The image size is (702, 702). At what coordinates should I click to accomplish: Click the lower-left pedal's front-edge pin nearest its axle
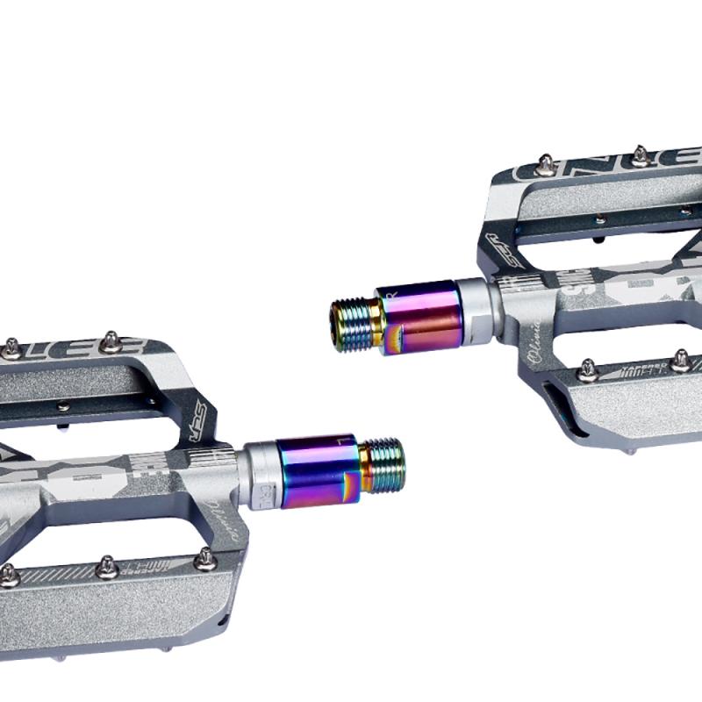(204, 555)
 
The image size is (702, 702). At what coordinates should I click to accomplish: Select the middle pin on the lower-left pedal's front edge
(107, 567)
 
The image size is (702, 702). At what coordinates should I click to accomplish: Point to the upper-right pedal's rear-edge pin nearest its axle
(544, 162)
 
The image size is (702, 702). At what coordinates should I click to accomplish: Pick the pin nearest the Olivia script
(586, 366)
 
